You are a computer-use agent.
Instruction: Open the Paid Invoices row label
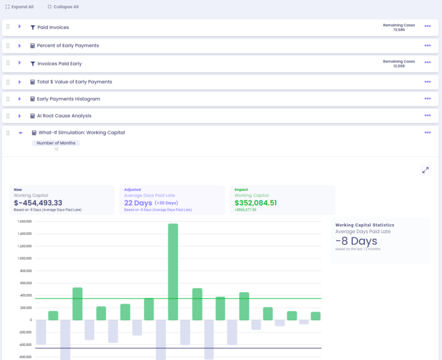[53, 28]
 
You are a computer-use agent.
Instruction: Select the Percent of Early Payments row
[68, 46]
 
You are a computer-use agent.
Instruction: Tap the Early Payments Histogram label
[68, 99]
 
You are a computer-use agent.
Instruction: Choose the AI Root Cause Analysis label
[64, 116]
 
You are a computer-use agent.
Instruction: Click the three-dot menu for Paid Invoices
[428, 26]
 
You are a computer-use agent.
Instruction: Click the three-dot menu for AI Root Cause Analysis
[428, 115]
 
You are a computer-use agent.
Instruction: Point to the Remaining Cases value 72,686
[399, 30]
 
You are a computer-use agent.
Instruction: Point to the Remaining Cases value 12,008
[399, 66]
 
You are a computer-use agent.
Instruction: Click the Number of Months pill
[56, 143]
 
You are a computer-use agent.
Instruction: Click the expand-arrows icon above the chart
[425, 170]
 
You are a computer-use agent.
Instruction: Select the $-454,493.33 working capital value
[38, 203]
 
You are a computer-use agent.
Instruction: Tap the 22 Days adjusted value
[138, 203]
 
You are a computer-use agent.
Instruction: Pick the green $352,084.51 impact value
[256, 203]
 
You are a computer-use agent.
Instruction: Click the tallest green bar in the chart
[173, 271]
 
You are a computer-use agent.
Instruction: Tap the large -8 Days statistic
[356, 241]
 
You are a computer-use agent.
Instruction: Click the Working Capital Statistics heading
[364, 225]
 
